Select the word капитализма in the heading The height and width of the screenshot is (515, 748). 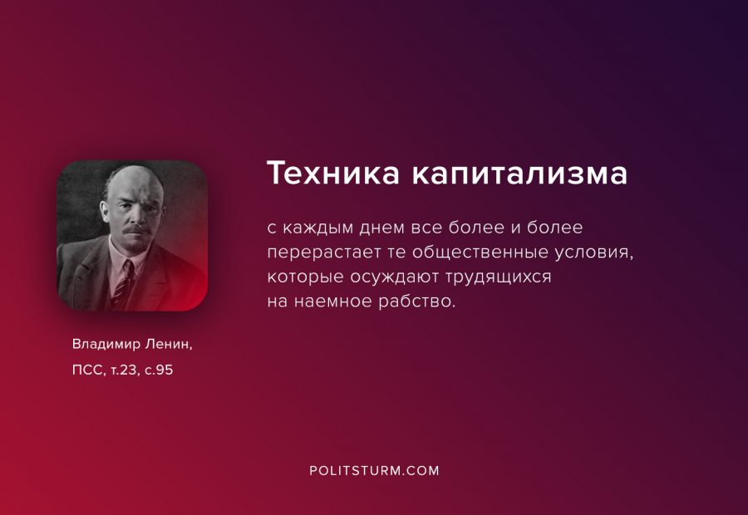coord(519,173)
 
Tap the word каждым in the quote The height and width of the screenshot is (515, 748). coord(318,228)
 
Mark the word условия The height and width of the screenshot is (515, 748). coord(594,252)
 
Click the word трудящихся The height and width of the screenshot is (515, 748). coord(499,277)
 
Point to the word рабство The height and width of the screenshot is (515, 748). coord(417,301)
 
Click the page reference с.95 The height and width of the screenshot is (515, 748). coord(159,370)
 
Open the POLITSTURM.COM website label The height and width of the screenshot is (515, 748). coord(375,471)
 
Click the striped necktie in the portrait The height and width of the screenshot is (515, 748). coord(123,285)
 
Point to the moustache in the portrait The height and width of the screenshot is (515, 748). coord(137,230)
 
